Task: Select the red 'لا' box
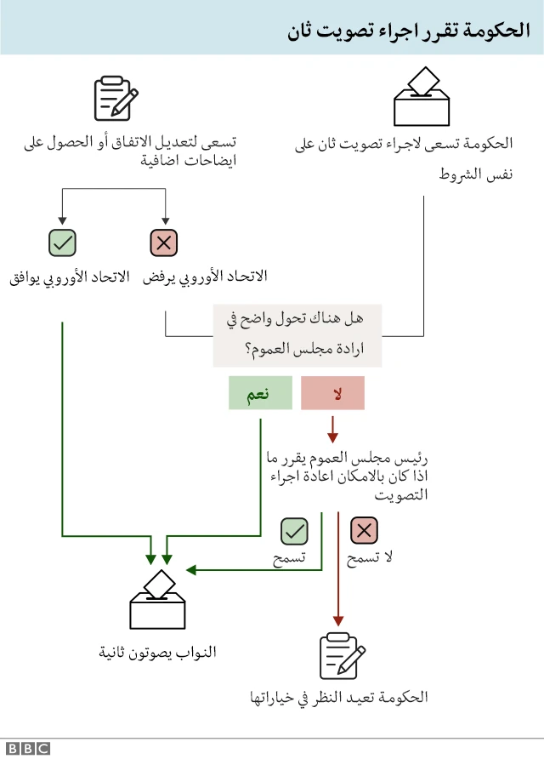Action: coord(332,393)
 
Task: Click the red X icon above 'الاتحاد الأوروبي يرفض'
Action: coord(163,243)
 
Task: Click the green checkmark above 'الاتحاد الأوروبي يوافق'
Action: coord(63,243)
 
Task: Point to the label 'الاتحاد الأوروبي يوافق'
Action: coord(69,277)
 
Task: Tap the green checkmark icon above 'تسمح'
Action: coord(294,532)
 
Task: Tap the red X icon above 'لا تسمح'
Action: coord(365,532)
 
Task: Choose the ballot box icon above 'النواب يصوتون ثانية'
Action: coord(157,600)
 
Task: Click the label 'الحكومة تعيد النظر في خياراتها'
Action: coord(338,698)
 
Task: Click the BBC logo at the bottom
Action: coord(30,748)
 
